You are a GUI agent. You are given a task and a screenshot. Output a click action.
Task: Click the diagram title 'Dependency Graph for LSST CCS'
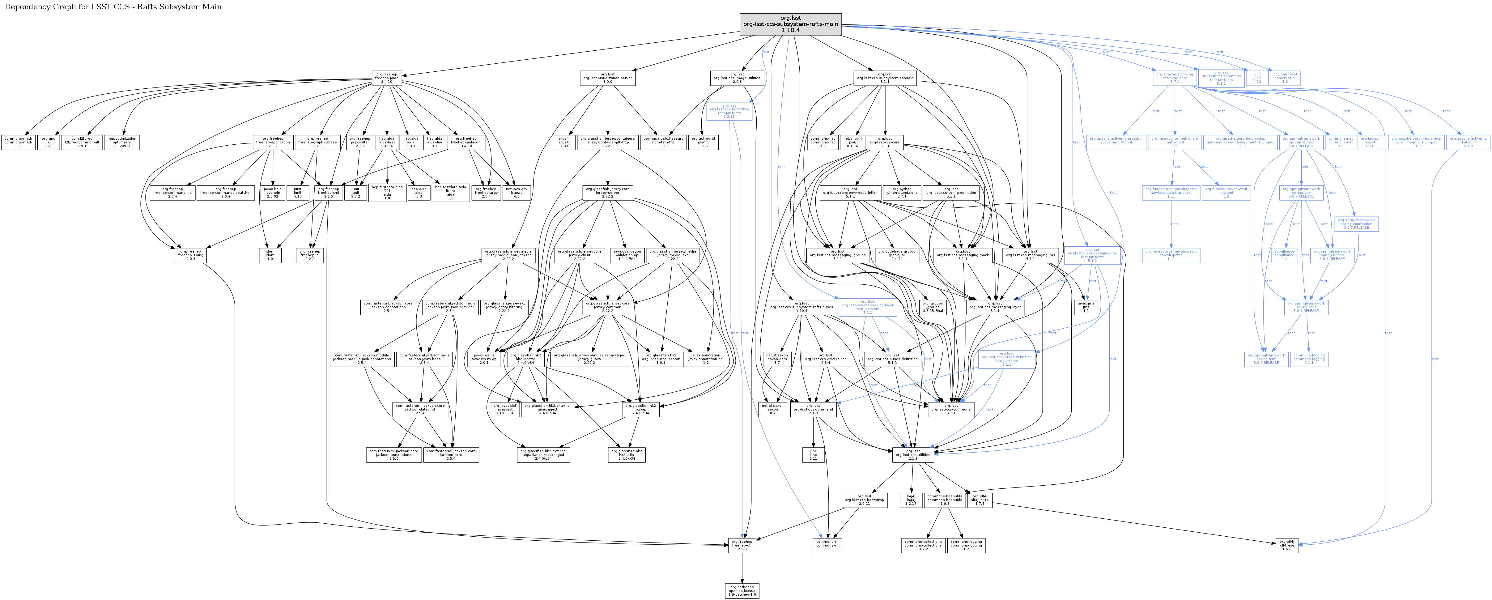tap(113, 7)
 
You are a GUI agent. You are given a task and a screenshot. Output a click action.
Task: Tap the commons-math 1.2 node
tap(18, 143)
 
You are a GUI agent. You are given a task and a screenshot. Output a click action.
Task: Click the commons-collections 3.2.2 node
tap(923, 545)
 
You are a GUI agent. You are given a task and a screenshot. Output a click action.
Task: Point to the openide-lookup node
tap(742, 591)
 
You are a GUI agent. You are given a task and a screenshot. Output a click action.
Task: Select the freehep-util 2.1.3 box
tap(742, 545)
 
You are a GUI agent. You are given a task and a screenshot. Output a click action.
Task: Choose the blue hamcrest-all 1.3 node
tap(1285, 78)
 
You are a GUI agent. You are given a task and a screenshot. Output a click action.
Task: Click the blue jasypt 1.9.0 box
tap(1369, 143)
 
